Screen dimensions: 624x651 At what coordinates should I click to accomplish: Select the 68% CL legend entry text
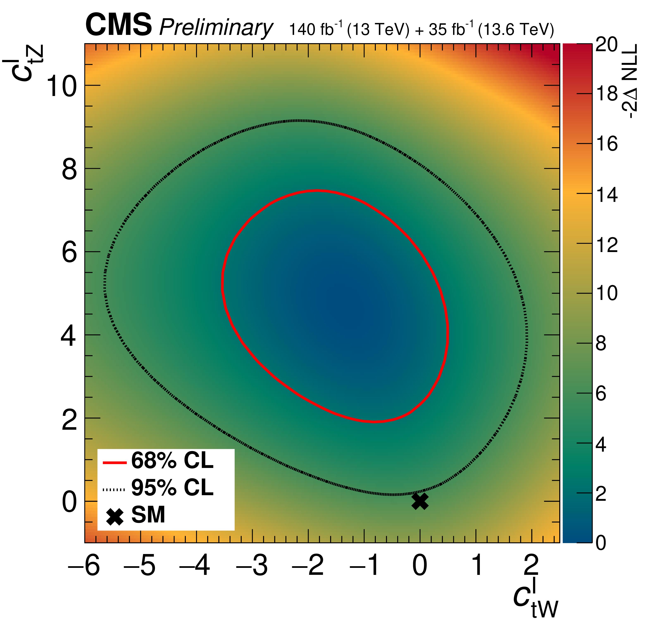(172, 461)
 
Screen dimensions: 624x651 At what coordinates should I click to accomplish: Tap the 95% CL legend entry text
(172, 488)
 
